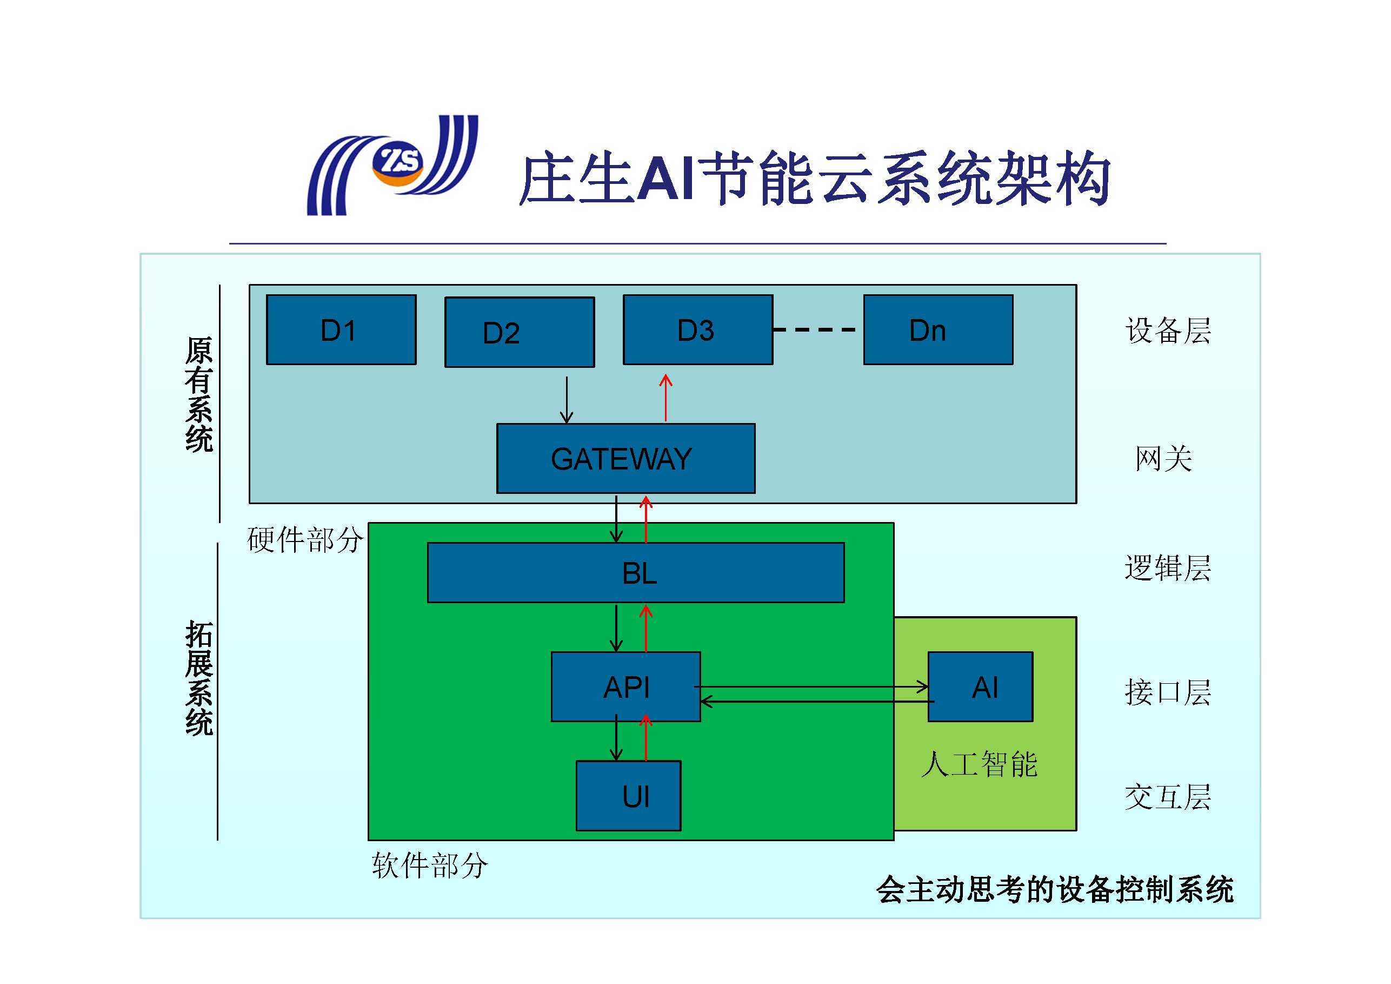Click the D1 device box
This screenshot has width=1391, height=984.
point(341,330)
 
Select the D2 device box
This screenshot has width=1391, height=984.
point(519,332)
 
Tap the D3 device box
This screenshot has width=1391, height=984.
point(697,330)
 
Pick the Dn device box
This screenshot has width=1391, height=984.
point(937,330)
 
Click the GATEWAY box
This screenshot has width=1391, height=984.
point(625,458)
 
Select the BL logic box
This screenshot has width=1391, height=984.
point(636,572)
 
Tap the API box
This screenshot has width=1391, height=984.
point(625,686)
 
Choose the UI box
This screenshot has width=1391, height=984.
point(628,795)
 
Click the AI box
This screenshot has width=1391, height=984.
point(980,686)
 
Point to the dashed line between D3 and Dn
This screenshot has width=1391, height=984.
point(815,330)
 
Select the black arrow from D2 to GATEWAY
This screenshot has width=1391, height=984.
point(567,400)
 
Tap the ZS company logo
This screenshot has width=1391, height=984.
point(392,165)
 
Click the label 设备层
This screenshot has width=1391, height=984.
point(1167,331)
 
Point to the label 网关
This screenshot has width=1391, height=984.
point(1163,458)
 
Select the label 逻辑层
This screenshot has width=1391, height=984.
point(1167,568)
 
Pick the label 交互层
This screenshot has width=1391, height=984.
point(1167,797)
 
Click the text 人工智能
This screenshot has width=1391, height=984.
point(979,764)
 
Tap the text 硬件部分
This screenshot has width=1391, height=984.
point(305,539)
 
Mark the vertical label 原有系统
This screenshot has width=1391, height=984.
point(199,395)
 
